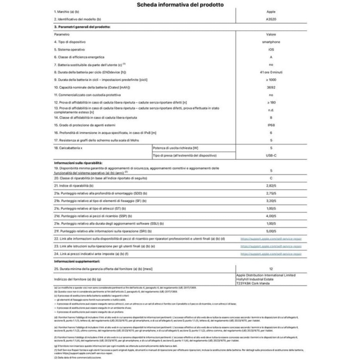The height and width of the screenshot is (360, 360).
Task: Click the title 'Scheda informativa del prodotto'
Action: [x=180, y=5]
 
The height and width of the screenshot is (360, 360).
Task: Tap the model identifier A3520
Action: [x=271, y=20]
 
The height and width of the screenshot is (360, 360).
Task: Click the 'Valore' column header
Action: [x=271, y=34]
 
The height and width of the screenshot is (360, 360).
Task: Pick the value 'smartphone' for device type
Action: [x=271, y=41]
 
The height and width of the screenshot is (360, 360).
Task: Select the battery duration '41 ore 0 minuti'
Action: [x=271, y=72]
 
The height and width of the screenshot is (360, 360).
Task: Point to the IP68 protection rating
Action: [x=271, y=125]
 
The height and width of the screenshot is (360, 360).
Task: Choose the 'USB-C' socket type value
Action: [x=271, y=155]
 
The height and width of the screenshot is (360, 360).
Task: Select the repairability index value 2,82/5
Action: [x=271, y=185]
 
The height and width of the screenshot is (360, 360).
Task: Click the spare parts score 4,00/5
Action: [x=271, y=216]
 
